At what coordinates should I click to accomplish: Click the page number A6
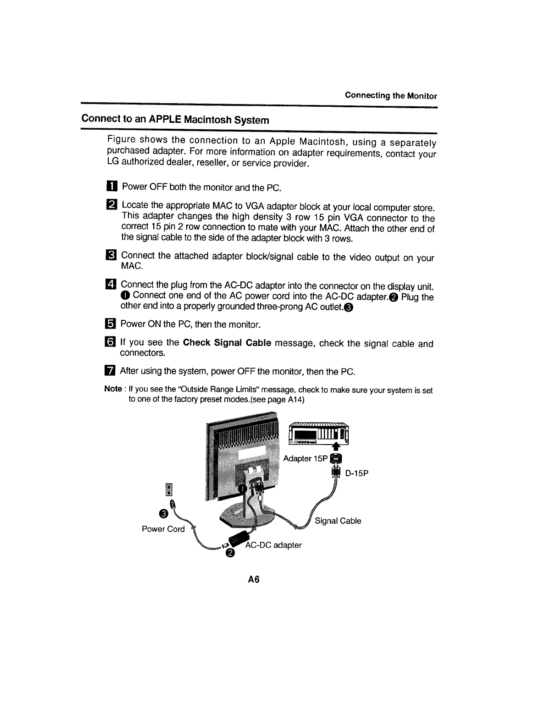click(x=254, y=580)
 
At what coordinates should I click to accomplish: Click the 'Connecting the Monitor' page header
click(x=391, y=96)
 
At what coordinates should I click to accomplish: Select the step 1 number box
click(x=112, y=187)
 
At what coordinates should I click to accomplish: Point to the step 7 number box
click(x=111, y=371)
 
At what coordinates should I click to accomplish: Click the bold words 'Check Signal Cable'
click(x=227, y=343)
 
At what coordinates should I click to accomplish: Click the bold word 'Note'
click(x=113, y=389)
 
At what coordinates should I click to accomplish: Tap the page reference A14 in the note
click(x=294, y=399)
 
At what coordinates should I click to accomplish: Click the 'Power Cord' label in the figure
click(x=163, y=529)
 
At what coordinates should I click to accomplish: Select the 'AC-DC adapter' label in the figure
click(x=274, y=545)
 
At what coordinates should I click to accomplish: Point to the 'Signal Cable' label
click(x=338, y=521)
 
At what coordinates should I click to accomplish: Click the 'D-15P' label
click(x=356, y=473)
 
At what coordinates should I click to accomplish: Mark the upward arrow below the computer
click(x=337, y=447)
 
